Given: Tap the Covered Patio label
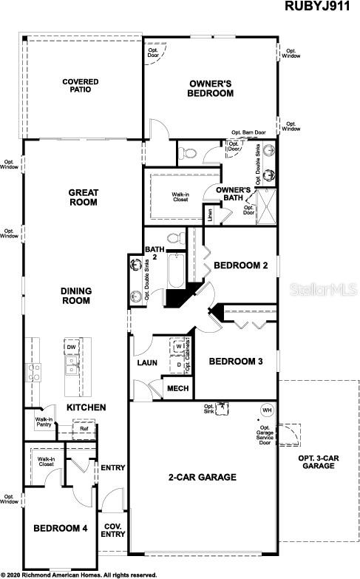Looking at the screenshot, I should pos(81,87).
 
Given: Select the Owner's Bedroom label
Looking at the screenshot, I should pos(211,89).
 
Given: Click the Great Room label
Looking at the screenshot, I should pos(83,197).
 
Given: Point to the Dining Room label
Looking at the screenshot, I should pos(75,296).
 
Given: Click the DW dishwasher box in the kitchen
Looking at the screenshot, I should pos(72,347).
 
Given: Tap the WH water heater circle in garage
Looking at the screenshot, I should pos(265,410).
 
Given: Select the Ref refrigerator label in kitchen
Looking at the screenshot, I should pos(84,429).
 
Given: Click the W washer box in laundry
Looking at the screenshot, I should pos(179,346).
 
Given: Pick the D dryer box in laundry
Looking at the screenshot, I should pos(179,363).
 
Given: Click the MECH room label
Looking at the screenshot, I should pos(177,389).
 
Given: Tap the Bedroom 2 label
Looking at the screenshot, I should pos(240,265).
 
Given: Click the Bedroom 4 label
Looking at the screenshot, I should pos(61,529).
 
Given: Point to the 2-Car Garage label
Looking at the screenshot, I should pos(203,478).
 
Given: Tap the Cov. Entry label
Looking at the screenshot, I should pos(113,530).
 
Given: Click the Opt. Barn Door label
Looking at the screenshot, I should pos(248,133).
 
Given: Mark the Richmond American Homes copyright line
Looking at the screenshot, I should pos(79,575).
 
